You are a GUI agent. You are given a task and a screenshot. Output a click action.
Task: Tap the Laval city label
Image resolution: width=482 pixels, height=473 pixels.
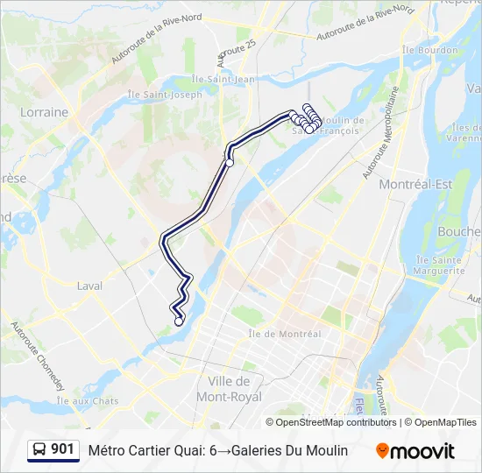pos(89,286)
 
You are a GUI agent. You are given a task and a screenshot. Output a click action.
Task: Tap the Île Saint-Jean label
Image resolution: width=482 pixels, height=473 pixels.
pos(230,80)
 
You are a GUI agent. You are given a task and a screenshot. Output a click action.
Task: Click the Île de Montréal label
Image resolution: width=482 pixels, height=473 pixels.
pos(285,333)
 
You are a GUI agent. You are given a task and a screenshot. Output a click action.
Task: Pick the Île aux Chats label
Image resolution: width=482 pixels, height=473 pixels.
pos(88,400)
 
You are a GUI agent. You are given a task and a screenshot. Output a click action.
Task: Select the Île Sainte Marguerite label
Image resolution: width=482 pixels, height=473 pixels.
pos(439,265)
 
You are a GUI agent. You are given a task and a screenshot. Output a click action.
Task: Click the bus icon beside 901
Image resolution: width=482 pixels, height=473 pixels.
pos(39,449)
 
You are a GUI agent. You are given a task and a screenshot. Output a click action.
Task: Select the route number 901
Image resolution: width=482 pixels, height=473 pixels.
pos(63,449)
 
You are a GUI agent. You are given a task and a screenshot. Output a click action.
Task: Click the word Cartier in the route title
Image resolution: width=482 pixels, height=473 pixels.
pos(153,450)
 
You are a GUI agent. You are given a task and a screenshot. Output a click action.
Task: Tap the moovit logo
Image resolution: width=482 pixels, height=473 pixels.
pos(415,450)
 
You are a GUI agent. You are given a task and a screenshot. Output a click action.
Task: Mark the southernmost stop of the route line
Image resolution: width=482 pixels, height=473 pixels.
pos(179,321)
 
